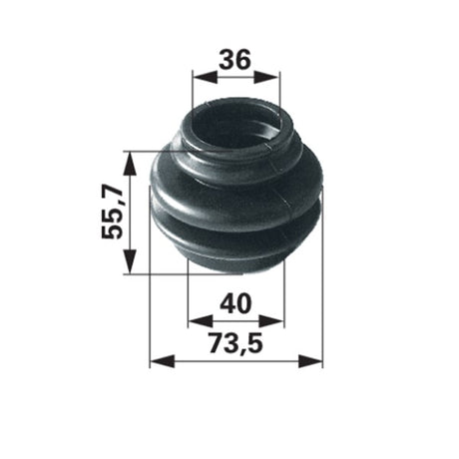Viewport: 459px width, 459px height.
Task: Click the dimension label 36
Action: coord(234,60)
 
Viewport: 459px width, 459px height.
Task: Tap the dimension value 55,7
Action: coord(113,212)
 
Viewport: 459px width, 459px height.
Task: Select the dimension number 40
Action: coord(235,303)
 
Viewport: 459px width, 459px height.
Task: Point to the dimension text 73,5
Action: coord(236,343)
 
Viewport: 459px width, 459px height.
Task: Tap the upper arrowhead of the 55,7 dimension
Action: coord(130,164)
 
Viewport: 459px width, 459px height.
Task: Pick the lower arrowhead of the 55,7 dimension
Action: coord(130,261)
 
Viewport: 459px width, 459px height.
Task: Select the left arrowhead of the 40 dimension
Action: coord(201,321)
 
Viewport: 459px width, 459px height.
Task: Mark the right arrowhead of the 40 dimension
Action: coord(271,321)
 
